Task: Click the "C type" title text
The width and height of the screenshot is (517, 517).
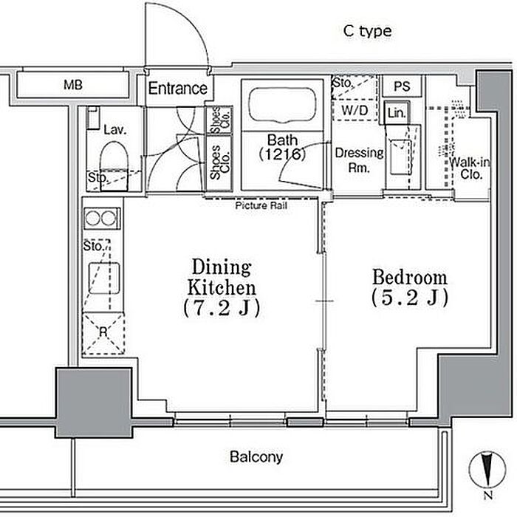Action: click(x=367, y=31)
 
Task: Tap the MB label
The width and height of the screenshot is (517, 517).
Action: click(x=73, y=85)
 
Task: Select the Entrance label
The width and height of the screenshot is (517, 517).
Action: click(x=178, y=89)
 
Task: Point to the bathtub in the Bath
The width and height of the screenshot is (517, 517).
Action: click(x=282, y=105)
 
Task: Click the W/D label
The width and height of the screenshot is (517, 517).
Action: click(x=355, y=111)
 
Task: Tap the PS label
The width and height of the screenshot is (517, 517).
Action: click(x=402, y=86)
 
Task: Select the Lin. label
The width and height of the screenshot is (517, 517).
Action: click(x=397, y=113)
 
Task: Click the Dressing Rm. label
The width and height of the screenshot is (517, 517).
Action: click(x=359, y=160)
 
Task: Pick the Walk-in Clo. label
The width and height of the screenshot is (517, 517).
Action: click(x=470, y=168)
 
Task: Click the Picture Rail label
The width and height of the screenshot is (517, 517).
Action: click(x=261, y=206)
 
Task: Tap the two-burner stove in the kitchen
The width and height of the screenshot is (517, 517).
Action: click(x=102, y=218)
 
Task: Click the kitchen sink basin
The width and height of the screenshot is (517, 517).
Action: click(x=104, y=278)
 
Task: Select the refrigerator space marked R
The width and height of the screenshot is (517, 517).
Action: click(x=103, y=333)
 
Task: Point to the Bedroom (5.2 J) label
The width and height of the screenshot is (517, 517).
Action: click(x=410, y=287)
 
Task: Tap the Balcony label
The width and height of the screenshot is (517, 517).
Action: click(x=256, y=457)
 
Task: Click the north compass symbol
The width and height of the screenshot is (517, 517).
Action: click(x=487, y=470)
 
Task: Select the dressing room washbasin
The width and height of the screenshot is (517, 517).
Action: click(x=400, y=157)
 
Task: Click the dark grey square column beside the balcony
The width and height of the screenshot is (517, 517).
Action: click(x=94, y=403)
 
